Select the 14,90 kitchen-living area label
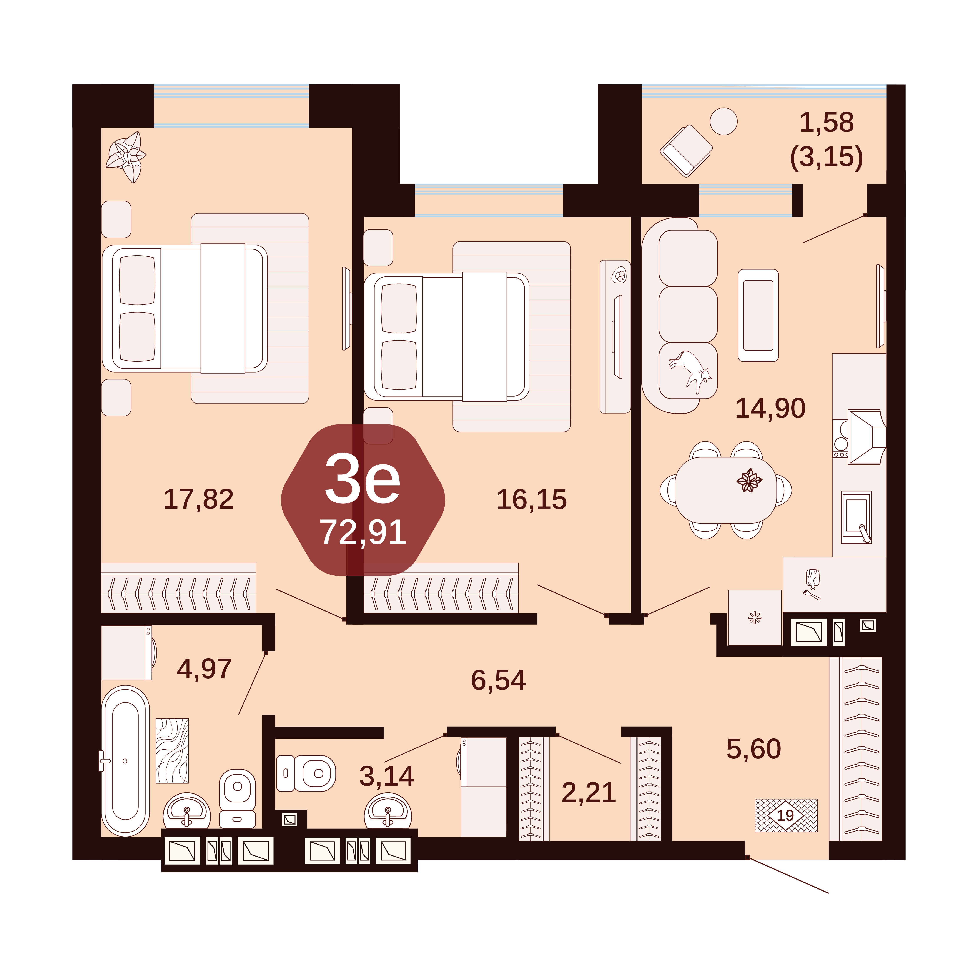coord(770,409)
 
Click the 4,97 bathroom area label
coord(204,669)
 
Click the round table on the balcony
coord(723,121)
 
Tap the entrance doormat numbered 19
coord(786,815)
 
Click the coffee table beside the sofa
coord(758,315)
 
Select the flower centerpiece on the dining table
coord(749,480)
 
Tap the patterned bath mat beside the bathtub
coord(172,751)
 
